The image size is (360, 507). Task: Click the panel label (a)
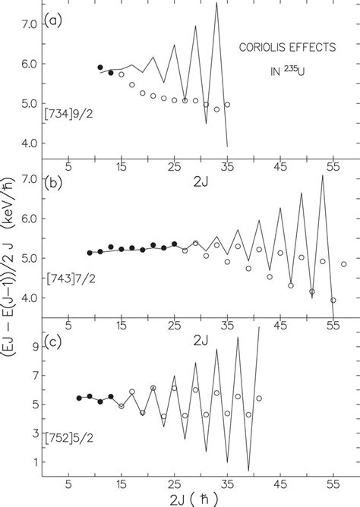click(x=53, y=17)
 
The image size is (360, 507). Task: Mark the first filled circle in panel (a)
click(x=100, y=68)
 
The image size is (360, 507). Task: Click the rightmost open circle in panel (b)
click(x=344, y=264)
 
